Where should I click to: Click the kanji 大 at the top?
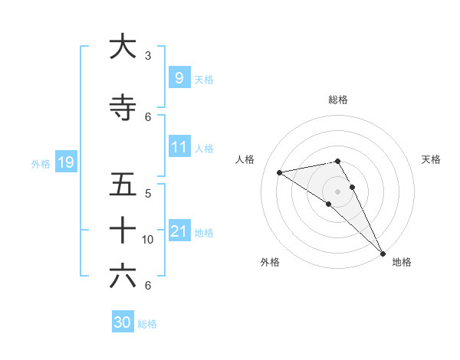point(123,47)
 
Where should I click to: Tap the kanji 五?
point(123,185)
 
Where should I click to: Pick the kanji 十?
point(123,230)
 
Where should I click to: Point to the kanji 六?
point(123,276)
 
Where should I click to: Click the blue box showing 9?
point(179,77)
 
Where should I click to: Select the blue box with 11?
point(179,147)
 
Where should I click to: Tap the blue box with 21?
point(179,231)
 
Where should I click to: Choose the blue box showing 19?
point(65,162)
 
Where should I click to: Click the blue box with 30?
point(123,322)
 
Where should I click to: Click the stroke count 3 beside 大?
point(147,56)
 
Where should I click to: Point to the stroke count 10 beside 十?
point(148,240)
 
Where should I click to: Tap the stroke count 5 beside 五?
point(147,193)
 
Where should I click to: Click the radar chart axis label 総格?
point(337,100)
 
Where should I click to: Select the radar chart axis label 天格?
point(431,159)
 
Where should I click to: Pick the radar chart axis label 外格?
point(270,262)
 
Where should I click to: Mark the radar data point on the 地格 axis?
point(383,254)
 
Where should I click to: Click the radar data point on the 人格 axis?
point(279,172)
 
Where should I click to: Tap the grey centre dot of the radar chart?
point(337,191)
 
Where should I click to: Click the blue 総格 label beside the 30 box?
point(147,324)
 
